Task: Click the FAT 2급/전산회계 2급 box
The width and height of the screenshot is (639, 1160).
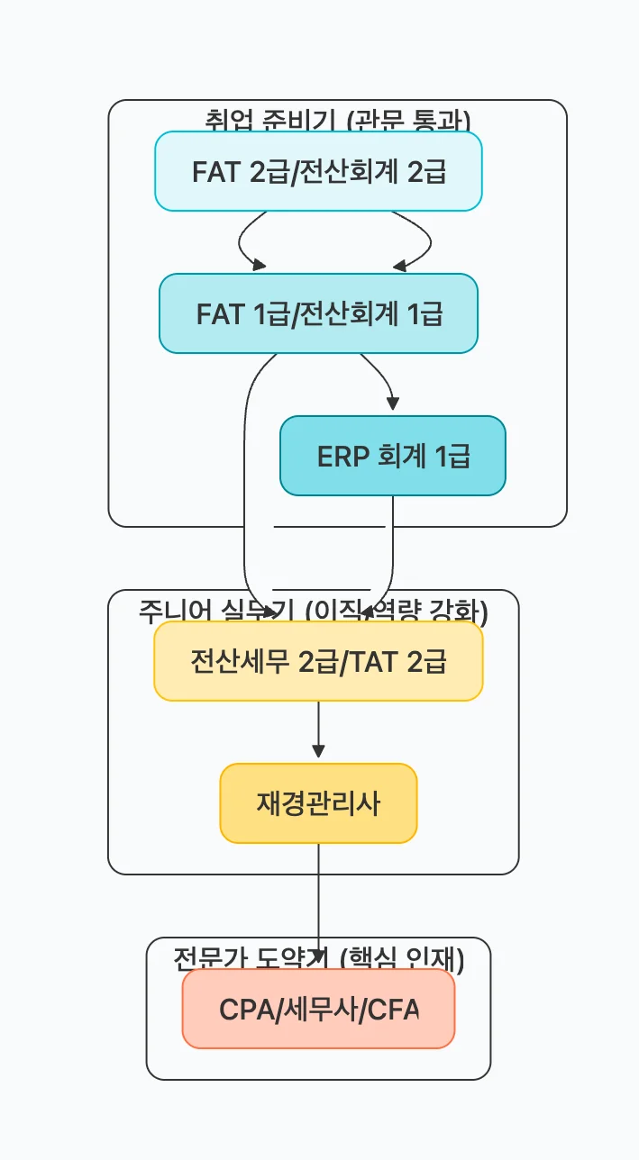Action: click(x=318, y=171)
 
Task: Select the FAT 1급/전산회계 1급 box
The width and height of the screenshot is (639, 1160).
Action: click(x=318, y=313)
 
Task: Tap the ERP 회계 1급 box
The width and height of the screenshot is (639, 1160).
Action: click(x=393, y=456)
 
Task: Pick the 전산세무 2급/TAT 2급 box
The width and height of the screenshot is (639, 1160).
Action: click(x=318, y=661)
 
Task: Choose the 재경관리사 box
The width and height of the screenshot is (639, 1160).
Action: click(x=318, y=803)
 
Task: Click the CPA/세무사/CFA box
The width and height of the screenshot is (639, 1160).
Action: click(x=318, y=1009)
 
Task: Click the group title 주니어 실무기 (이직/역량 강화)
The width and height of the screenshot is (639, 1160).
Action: click(x=313, y=612)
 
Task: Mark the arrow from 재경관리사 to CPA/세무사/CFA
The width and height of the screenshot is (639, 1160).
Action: click(x=318, y=901)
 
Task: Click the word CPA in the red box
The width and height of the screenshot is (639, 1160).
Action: click(x=245, y=1010)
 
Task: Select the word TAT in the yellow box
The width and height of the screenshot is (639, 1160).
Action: click(x=375, y=662)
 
